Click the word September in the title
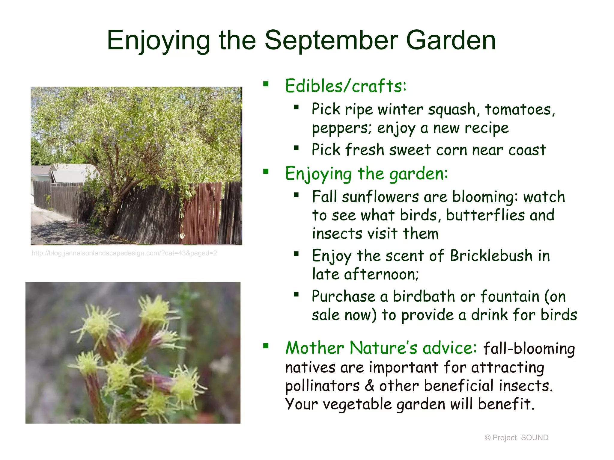pyautogui.click(x=331, y=40)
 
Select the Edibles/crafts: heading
pyautogui.click(x=345, y=86)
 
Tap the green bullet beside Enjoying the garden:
pyautogui.click(x=266, y=172)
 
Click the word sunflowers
pyautogui.click(x=380, y=197)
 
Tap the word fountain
pyautogui.click(x=510, y=296)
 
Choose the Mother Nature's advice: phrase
pyautogui.click(x=381, y=348)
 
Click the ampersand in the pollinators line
pyautogui.click(x=369, y=386)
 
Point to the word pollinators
pyautogui.click(x=322, y=386)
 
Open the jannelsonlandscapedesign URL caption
pyautogui.click(x=124, y=253)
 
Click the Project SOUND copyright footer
pyautogui.click(x=516, y=438)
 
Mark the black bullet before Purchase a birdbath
pyautogui.click(x=296, y=294)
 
